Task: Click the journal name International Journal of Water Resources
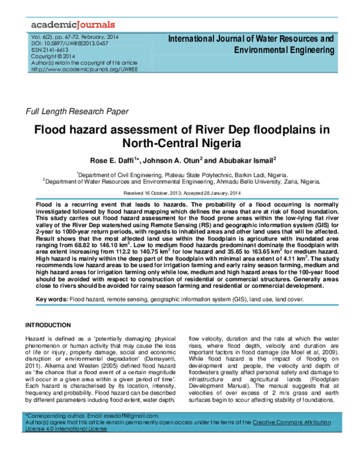pyautogui.click(x=251, y=38)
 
